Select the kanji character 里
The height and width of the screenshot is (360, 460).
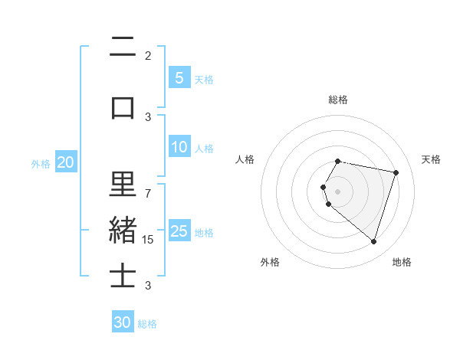click(x=123, y=185)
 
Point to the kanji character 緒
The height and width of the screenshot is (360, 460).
click(x=123, y=231)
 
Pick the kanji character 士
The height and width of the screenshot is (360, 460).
click(x=123, y=277)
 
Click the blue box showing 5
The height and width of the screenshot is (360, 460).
click(x=179, y=78)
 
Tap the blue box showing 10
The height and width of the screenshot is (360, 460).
click(x=179, y=147)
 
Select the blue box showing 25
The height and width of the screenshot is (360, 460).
click(x=179, y=231)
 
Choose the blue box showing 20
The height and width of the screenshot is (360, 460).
click(x=65, y=162)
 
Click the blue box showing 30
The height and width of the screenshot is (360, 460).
click(x=123, y=322)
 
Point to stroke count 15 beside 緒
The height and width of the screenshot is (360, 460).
click(x=148, y=239)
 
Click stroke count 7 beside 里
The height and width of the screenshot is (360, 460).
click(x=148, y=193)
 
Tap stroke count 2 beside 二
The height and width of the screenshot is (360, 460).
click(x=148, y=55)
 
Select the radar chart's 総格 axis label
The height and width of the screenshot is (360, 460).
click(x=338, y=100)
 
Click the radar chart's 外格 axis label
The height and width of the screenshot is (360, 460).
click(x=270, y=262)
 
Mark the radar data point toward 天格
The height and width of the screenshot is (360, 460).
click(x=396, y=172)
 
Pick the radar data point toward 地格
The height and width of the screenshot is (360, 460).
click(x=373, y=241)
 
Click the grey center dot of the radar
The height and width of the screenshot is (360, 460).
click(x=338, y=191)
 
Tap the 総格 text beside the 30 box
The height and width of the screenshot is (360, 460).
click(x=147, y=324)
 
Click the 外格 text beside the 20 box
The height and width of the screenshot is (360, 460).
click(x=40, y=163)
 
